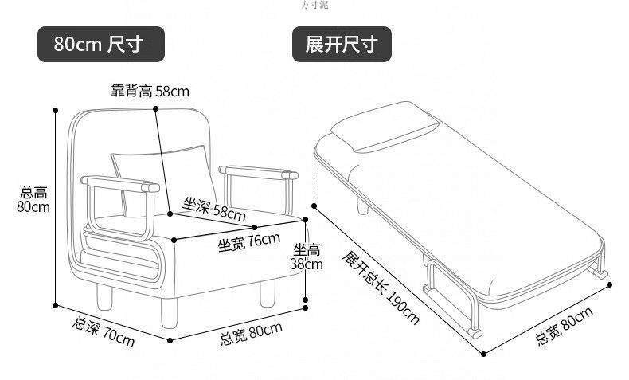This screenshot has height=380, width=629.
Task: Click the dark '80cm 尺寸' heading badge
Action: click(x=101, y=44)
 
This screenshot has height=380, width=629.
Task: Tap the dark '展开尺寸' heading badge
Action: click(x=342, y=44)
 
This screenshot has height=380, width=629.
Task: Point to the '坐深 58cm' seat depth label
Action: click(x=214, y=210)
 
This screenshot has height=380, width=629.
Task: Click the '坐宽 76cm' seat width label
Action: click(x=249, y=241)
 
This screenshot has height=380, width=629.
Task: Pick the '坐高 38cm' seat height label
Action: click(x=307, y=256)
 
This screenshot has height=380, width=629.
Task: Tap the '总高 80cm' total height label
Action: click(x=33, y=199)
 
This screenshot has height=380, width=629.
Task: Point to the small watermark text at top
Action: click(x=314, y=5)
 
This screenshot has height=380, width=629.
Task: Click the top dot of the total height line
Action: click(x=56, y=109)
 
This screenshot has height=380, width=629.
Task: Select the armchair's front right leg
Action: click(x=266, y=296)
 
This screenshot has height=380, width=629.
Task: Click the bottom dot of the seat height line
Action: click(x=306, y=304)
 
